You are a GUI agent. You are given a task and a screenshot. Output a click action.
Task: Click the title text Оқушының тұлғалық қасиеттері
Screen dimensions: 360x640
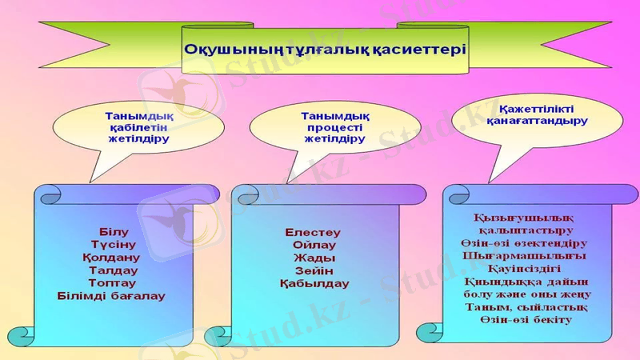tap(325, 48)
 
